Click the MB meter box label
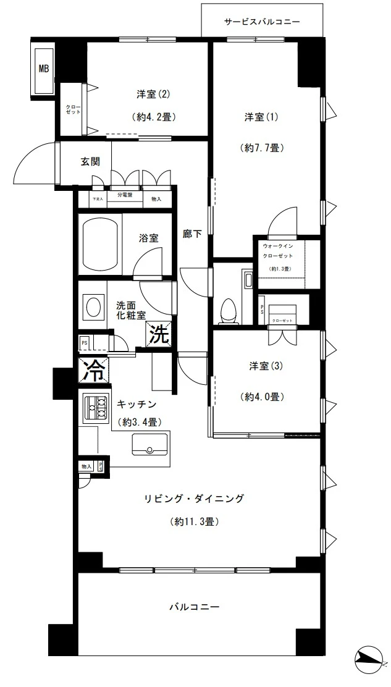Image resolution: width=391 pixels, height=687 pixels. point(44,69)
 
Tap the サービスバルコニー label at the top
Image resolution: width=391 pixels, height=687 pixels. point(261,22)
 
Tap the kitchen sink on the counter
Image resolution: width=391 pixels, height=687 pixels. point(149,444)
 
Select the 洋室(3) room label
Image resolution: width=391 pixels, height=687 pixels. point(266,366)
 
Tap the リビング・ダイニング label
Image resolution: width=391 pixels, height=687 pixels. point(194,498)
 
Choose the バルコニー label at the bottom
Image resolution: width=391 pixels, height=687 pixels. point(195,607)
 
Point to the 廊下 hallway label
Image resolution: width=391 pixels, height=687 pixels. point(191,234)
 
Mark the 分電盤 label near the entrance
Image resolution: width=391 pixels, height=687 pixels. point(125,195)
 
